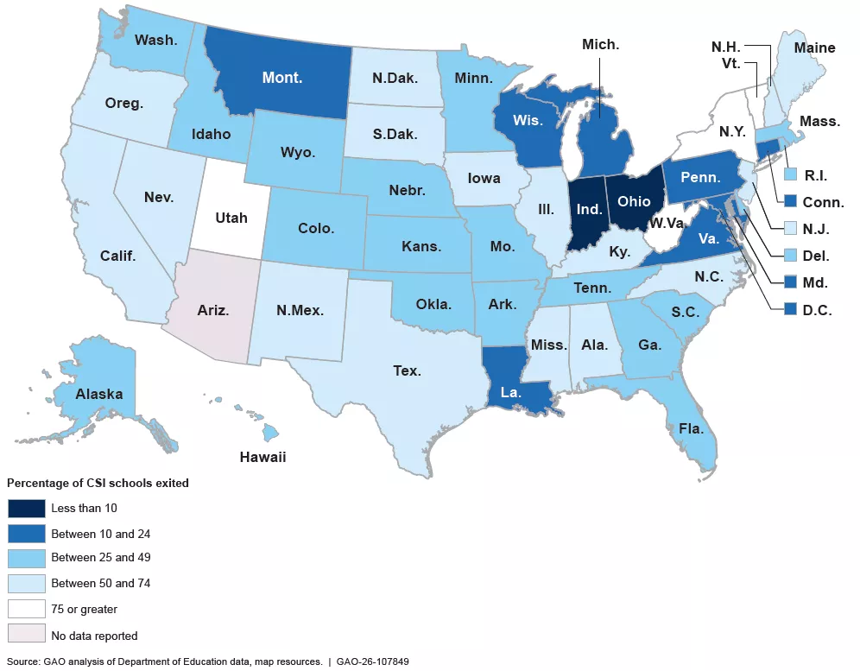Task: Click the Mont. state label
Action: (x=282, y=78)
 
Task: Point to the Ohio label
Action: (x=634, y=200)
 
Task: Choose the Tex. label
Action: (x=407, y=370)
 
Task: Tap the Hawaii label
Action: (x=262, y=457)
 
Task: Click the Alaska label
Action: (x=98, y=394)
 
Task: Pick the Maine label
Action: (x=814, y=47)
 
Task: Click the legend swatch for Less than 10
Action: (x=25, y=508)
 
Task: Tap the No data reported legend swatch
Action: (x=25, y=635)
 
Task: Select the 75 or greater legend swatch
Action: (x=25, y=609)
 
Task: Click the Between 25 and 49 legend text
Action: (x=100, y=558)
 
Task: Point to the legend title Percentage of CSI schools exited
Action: (x=98, y=483)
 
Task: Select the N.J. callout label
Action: (x=816, y=229)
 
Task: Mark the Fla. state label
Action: (x=691, y=427)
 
